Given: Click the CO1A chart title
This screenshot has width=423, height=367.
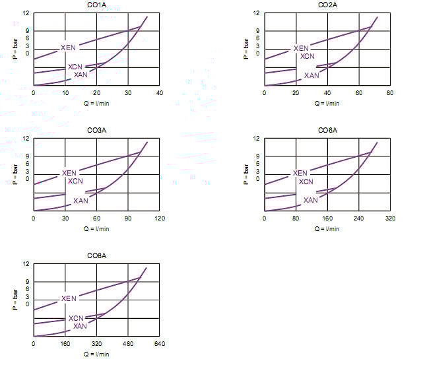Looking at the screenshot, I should point(96,5).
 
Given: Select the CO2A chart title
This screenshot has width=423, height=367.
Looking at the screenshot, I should point(327,5).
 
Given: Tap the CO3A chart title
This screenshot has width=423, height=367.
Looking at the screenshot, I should point(96,131).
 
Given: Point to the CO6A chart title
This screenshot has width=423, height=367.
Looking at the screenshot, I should point(327,131).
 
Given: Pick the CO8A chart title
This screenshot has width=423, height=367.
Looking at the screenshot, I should point(96,256).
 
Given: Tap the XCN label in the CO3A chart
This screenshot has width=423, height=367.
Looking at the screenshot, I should point(76,181).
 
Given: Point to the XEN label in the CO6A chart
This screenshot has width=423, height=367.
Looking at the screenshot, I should point(301,174).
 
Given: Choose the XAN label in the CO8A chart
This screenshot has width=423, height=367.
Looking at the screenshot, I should point(80,325).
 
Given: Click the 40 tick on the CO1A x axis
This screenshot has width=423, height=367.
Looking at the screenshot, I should point(160,92).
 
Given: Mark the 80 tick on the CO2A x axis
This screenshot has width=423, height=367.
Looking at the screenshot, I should point(390,92).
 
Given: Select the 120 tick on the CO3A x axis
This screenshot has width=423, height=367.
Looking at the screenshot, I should point(160,218).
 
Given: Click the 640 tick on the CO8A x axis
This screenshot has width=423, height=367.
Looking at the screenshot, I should point(160,343).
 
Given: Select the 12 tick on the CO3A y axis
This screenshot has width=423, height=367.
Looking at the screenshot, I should point(26,139).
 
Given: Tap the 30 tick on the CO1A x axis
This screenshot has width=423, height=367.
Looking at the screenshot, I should point(128,92).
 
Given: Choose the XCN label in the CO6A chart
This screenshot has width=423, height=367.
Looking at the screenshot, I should point(306,182).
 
